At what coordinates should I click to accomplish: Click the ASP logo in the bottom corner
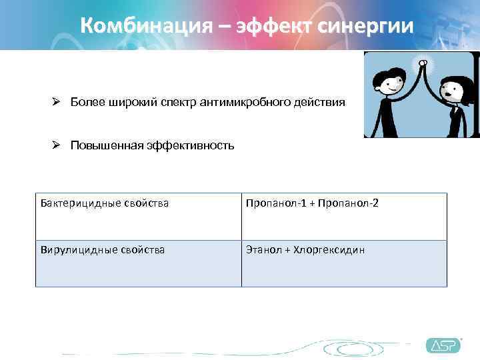(x=443, y=345)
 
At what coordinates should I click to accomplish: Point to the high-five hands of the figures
(x=421, y=64)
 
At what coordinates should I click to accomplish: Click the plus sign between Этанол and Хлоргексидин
(x=287, y=250)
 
